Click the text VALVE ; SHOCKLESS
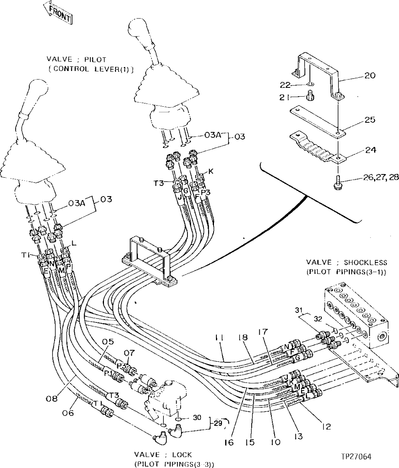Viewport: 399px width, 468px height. point(346,263)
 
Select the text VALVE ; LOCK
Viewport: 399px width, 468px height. point(163,455)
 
